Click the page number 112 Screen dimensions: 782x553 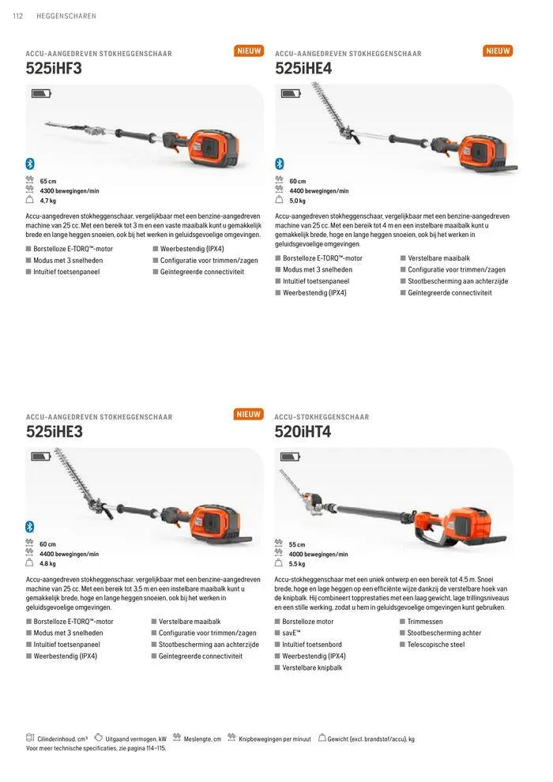tap(18, 15)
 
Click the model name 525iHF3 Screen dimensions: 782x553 tap(54, 69)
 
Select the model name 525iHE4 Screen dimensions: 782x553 tap(303, 69)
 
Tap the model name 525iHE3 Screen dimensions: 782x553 tap(54, 432)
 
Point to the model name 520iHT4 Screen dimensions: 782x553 tap(303, 432)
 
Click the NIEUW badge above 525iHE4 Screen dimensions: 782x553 tap(498, 51)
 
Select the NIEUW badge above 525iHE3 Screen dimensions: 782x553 tap(249, 414)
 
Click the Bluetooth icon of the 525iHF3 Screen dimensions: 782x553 tap(30, 164)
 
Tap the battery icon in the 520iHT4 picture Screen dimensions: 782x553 tap(290, 457)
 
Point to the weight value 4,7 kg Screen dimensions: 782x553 tap(48, 201)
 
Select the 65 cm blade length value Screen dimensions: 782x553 tap(49, 182)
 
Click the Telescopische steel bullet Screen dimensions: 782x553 tap(435, 645)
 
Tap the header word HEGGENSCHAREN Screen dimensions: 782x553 tap(66, 15)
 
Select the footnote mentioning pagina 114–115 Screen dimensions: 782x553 tap(96, 748)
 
